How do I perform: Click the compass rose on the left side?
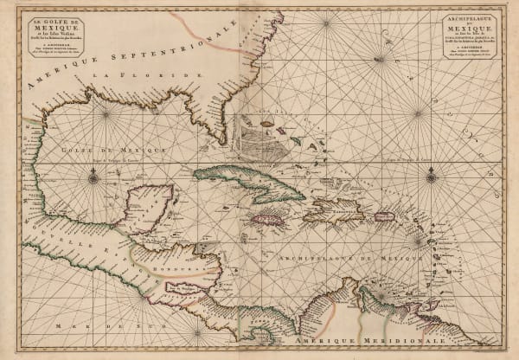(x=93, y=179)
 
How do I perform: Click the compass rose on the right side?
(x=431, y=178)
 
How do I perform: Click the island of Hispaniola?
(x=334, y=208)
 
